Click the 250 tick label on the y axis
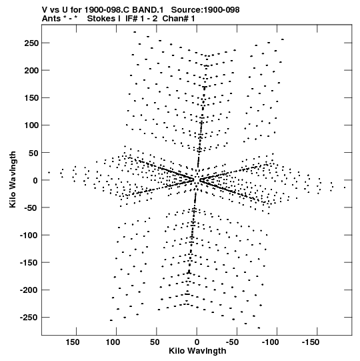[x=31, y=43]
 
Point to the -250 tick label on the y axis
[x=29, y=318]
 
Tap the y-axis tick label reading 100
[x=31, y=125]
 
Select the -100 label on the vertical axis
[x=29, y=236]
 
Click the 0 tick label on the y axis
[x=35, y=180]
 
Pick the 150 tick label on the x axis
[x=73, y=342]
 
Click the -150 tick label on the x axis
[x=310, y=342]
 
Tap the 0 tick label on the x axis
[x=197, y=342]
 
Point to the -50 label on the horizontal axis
[x=232, y=342]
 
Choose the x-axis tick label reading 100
[x=113, y=342]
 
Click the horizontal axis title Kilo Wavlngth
[x=197, y=351]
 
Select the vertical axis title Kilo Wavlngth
[x=13, y=179]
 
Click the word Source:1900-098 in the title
[x=205, y=10]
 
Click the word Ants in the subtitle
[x=51, y=19]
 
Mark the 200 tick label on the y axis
[x=31, y=71]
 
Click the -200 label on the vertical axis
[x=29, y=290]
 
